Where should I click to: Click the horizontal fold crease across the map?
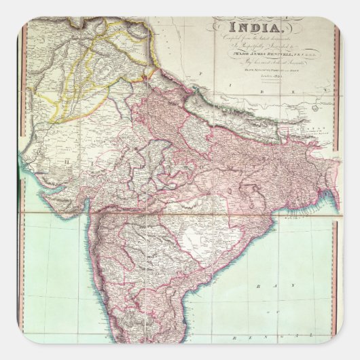click(180, 212)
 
